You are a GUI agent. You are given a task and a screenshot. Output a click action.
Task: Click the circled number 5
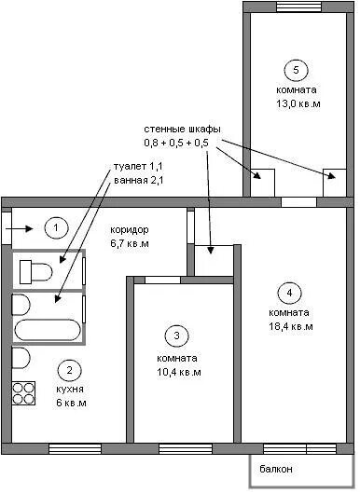296,70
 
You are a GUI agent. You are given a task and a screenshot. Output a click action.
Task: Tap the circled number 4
289,293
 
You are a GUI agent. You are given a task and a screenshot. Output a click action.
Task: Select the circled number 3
176,336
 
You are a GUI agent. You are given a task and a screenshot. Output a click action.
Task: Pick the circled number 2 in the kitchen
70,370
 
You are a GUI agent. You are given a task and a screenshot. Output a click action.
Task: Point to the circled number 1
56,227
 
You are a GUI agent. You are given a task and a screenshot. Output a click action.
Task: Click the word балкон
276,469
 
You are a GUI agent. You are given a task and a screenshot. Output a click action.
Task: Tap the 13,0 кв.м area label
298,103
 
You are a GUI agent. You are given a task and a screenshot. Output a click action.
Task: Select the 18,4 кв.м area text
291,327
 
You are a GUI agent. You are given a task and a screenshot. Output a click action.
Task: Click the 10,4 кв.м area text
179,372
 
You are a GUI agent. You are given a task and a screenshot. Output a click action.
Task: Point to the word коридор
130,230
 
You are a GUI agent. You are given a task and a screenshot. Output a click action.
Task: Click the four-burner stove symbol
23,393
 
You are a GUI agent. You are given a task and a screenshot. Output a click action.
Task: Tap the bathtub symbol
48,330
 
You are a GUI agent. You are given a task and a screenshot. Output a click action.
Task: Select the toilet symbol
35,271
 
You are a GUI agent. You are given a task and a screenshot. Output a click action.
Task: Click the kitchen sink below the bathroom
21,358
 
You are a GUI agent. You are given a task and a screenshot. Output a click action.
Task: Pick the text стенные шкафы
182,130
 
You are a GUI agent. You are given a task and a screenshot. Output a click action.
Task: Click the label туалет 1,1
138,166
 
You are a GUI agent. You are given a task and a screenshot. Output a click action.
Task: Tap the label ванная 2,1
138,181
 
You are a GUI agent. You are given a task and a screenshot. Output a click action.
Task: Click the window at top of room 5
298,7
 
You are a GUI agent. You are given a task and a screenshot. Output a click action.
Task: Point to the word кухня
70,390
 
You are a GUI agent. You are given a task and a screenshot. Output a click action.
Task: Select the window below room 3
186,449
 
